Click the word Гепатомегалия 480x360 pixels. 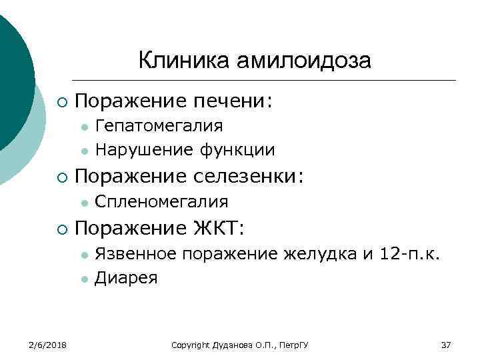pos(159,125)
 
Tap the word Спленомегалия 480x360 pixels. pos(162,201)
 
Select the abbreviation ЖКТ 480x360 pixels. pos(219,228)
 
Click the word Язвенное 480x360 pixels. pos(136,253)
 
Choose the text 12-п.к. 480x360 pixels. pos(409,253)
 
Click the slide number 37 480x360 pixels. pos(446,345)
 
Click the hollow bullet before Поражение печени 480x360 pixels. pos(61,101)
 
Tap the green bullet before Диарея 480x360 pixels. pos(83,279)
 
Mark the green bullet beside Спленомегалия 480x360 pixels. pos(83,202)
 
